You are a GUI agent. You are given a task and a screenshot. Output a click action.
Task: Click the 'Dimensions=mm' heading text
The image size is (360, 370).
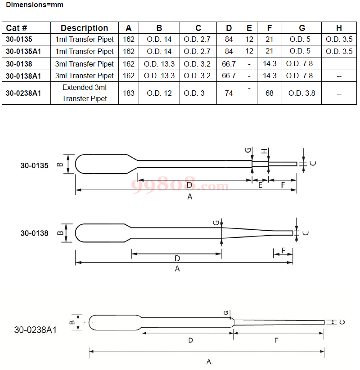pyautogui.click(x=35, y=4)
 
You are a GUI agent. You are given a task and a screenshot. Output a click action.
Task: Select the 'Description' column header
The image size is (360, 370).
pyautogui.click(x=84, y=28)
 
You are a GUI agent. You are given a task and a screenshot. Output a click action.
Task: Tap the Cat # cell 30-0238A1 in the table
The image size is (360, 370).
pyautogui.click(x=23, y=93)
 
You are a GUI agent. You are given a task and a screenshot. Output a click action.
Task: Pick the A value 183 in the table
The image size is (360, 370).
pyautogui.click(x=129, y=93)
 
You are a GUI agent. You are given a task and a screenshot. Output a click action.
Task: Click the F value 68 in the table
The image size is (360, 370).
pyautogui.click(x=270, y=93)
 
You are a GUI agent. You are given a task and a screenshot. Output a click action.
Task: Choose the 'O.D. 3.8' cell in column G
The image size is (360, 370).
pyautogui.click(x=301, y=93)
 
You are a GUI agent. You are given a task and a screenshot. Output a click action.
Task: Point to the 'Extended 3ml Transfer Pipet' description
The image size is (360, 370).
pyautogui.click(x=84, y=93)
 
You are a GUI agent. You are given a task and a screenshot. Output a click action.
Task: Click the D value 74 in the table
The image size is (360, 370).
pyautogui.click(x=229, y=93)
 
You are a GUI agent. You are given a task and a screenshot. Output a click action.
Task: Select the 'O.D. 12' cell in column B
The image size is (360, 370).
pyautogui.click(x=159, y=93)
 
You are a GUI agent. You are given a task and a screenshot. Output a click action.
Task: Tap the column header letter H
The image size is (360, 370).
pyautogui.click(x=339, y=28)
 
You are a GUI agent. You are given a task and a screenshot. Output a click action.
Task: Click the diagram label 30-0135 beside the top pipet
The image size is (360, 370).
pyautogui.click(x=35, y=165)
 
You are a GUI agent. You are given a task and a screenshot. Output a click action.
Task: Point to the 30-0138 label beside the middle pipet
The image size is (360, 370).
pyautogui.click(x=35, y=233)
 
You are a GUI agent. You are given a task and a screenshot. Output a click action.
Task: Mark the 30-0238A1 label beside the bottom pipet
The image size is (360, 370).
pyautogui.click(x=36, y=330)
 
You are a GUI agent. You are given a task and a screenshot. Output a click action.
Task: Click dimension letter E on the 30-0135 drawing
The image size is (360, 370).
pyautogui.click(x=260, y=185)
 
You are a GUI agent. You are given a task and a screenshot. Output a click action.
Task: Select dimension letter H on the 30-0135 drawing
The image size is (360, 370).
pyautogui.click(x=264, y=151)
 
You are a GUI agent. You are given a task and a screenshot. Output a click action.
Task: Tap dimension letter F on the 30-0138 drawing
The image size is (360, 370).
pyautogui.click(x=283, y=250)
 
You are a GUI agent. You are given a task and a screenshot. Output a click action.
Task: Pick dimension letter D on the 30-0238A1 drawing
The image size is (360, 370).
pyautogui.click(x=191, y=340)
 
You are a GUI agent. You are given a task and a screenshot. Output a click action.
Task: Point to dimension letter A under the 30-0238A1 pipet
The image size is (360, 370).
pyautogui.click(x=209, y=361)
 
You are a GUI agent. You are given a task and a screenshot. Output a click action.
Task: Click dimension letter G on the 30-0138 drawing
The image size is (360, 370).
pyautogui.click(x=216, y=223)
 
